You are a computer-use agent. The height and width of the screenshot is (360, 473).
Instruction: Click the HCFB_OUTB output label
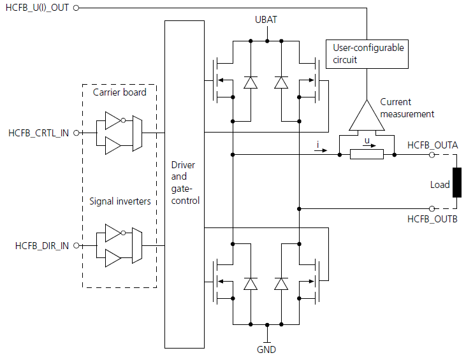coord(432,219)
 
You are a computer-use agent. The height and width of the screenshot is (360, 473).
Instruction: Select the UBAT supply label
coord(266,20)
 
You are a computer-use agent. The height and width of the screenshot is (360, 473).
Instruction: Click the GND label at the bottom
coord(266,349)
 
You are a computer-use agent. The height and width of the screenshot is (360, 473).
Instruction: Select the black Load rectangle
coord(456,183)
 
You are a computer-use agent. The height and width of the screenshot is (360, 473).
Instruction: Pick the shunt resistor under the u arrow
coord(367,154)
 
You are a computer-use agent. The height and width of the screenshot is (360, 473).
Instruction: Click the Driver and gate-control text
coord(186,183)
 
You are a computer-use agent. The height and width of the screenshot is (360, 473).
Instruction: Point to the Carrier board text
coord(119,92)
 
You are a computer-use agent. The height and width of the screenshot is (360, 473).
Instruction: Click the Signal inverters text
coord(119,202)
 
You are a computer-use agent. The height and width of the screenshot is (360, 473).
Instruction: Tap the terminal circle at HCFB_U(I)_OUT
coord(76,8)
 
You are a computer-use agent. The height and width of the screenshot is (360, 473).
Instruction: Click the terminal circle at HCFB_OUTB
coord(432,208)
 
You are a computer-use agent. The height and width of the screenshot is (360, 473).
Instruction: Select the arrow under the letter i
coord(322,152)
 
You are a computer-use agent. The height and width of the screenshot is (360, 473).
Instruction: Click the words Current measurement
coord(407,108)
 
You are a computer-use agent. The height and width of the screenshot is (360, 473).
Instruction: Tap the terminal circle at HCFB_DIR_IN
coord(76,245)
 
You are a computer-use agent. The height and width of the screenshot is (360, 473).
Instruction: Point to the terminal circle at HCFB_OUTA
coord(432,154)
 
